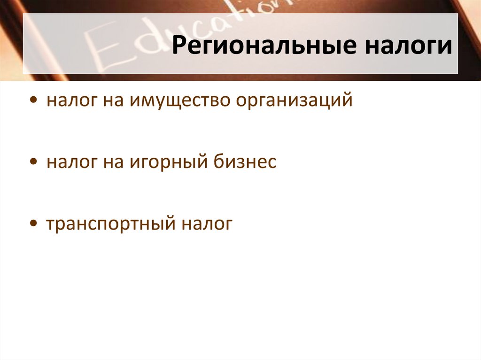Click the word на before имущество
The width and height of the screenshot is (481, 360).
click(111, 101)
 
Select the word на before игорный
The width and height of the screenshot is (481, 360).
click(111, 162)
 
